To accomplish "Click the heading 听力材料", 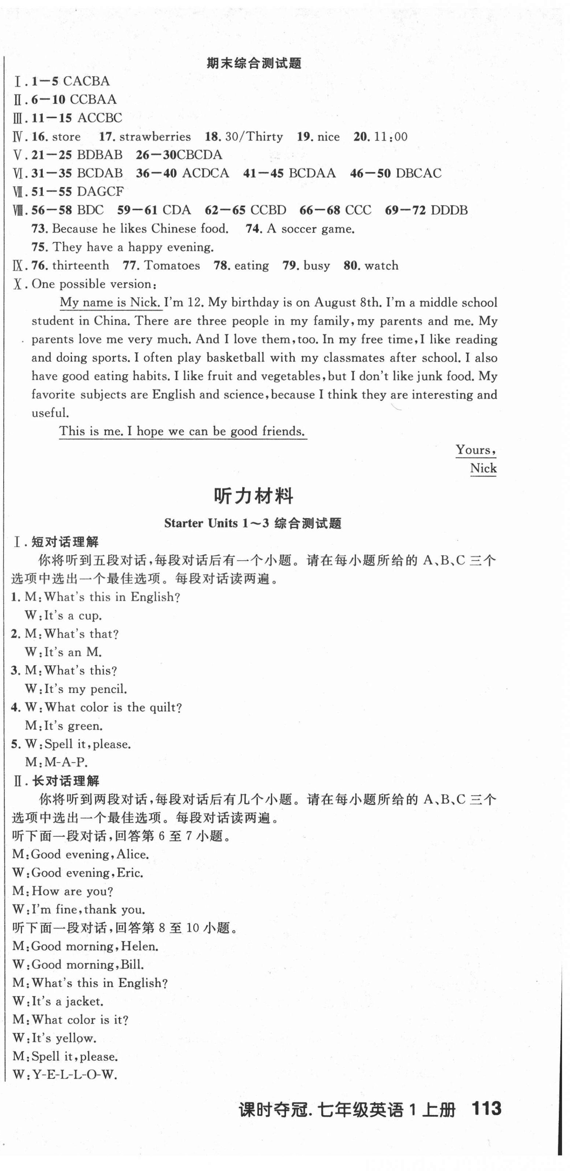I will click(253, 496).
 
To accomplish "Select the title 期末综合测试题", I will click(254, 63).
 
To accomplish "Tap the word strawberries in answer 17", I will click(155, 137).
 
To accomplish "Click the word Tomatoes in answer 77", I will click(172, 265).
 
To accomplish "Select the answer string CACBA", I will click(87, 81).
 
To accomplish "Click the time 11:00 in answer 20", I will click(391, 137).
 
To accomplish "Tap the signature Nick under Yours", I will click(483, 468).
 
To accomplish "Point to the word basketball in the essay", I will click(235, 357).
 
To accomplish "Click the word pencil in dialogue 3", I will click(108, 689).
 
